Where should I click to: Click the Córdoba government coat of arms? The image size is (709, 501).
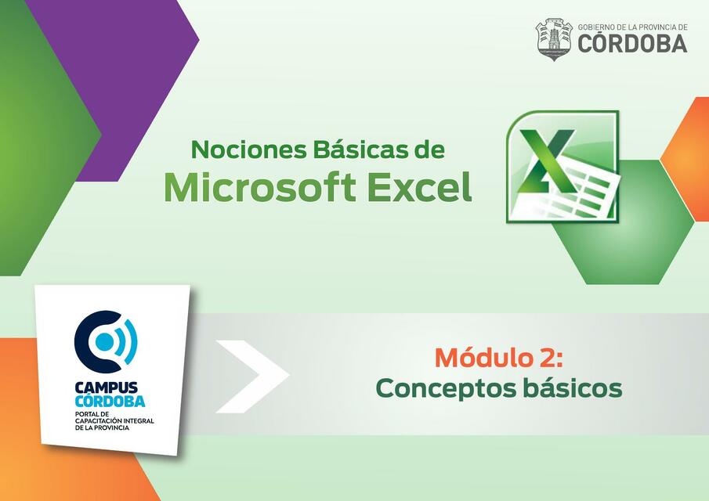tap(554, 38)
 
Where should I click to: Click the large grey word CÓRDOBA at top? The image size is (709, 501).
tap(632, 44)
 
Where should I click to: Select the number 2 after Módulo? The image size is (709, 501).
tap(547, 358)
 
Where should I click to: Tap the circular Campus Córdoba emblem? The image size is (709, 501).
tap(106, 342)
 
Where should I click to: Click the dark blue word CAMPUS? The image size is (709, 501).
tap(107, 387)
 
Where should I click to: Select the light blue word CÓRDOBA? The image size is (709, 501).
tap(110, 401)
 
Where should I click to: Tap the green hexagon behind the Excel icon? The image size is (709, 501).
tap(627, 235)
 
